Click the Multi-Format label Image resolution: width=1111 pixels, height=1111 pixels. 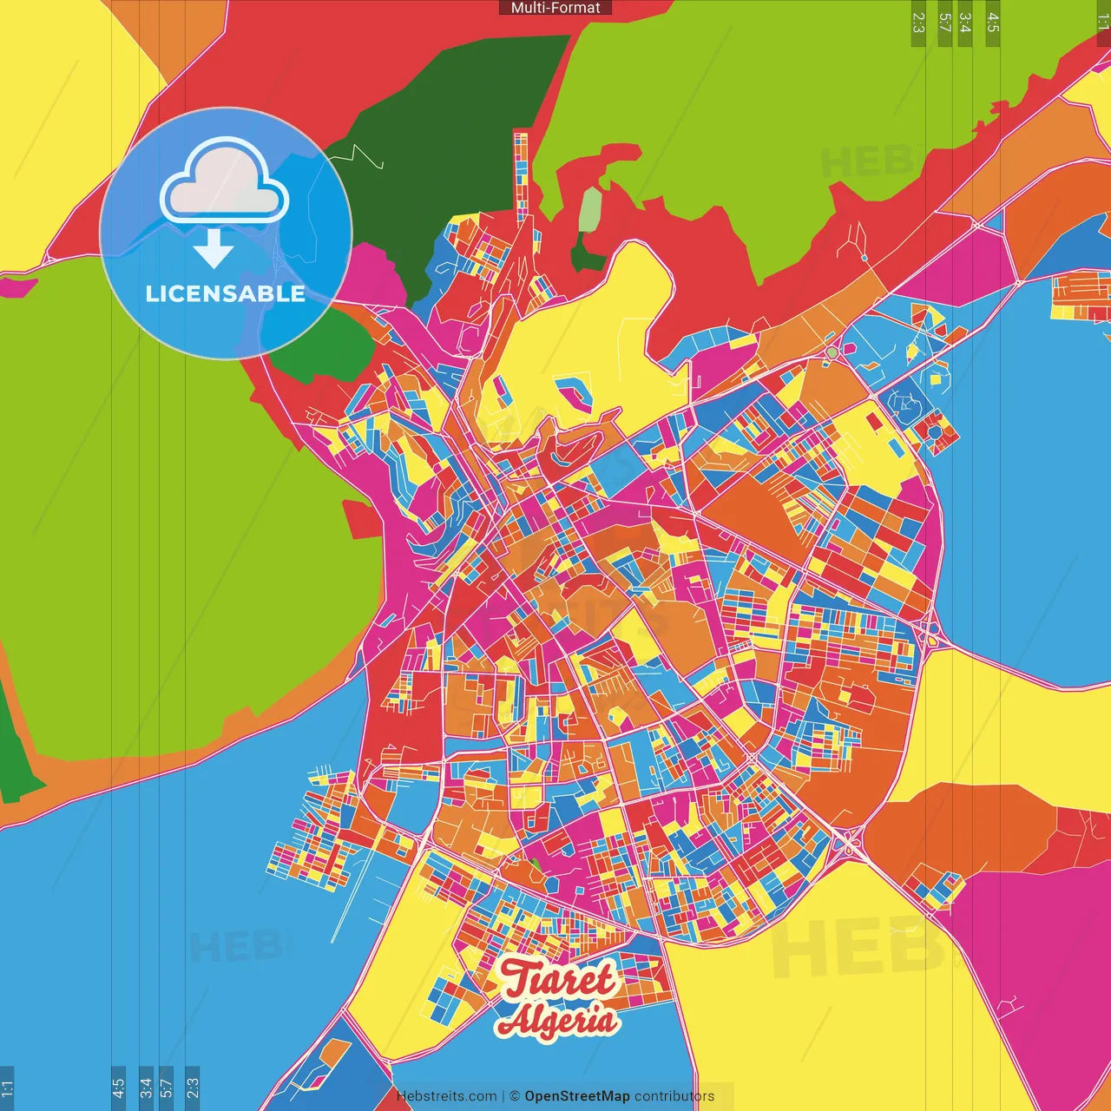point(555,8)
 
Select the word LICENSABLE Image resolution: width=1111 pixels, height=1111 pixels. point(226,293)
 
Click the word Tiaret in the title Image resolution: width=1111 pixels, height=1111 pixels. point(558,979)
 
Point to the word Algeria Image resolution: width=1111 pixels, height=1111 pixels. point(558,1020)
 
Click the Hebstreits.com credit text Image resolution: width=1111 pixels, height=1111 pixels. point(446,1096)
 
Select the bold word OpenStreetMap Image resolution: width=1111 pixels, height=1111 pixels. point(577,1096)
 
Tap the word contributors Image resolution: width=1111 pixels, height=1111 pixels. point(674,1096)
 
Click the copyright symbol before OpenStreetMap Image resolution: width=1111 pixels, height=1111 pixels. point(515,1096)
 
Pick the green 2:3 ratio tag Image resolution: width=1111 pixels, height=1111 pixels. point(918,23)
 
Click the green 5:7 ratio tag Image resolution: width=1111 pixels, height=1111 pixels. point(945,23)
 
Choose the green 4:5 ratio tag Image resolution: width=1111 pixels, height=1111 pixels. point(993,23)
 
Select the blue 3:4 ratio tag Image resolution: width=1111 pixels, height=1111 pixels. point(146,1088)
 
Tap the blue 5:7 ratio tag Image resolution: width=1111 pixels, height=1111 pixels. point(166,1088)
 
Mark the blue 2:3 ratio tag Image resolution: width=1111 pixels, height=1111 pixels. point(193,1088)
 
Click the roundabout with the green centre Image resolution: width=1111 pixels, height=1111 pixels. point(832,352)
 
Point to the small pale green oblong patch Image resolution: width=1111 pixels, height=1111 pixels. point(590,209)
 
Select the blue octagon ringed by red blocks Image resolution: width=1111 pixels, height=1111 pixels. point(935,428)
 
